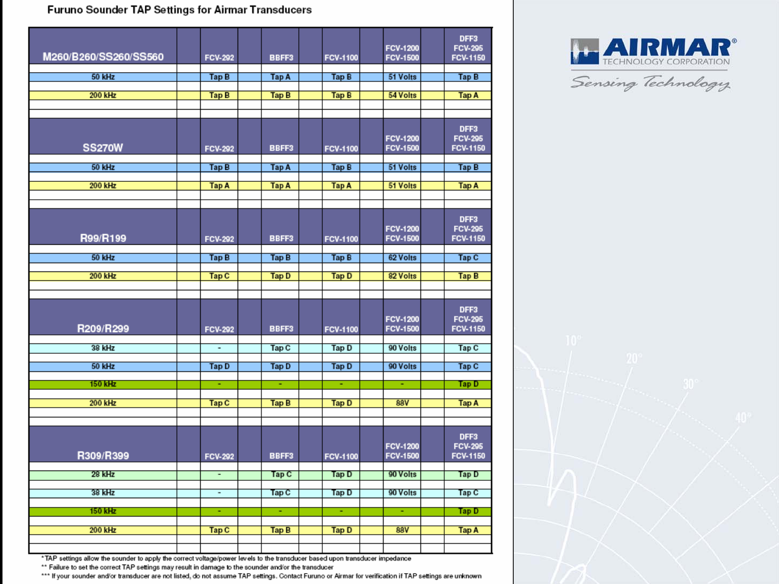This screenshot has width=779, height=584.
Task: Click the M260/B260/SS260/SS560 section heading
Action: pos(103,57)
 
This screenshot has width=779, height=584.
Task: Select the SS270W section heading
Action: pos(103,148)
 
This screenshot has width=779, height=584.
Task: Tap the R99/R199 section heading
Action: pos(103,238)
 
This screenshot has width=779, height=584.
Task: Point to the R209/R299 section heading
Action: pos(103,328)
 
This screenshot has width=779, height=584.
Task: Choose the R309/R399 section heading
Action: pos(103,456)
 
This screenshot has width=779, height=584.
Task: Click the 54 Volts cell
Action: pos(402,96)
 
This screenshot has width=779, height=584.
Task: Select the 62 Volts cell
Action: pos(402,258)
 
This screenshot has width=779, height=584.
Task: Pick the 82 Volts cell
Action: pos(402,276)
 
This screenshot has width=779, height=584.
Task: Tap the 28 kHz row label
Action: pos(103,474)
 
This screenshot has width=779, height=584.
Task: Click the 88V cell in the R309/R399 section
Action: pos(402,530)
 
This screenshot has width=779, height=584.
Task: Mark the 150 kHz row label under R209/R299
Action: pos(103,384)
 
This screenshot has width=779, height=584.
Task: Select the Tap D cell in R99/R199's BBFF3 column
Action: pos(280,276)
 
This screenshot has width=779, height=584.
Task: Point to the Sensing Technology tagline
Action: pos(650,83)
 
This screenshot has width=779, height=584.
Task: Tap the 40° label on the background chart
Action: pos(743,418)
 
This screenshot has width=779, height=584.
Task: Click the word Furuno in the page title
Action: pos(64,10)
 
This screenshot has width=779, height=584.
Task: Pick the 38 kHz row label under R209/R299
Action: pos(103,348)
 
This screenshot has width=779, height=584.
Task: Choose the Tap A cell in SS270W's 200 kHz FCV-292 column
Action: pos(219,186)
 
